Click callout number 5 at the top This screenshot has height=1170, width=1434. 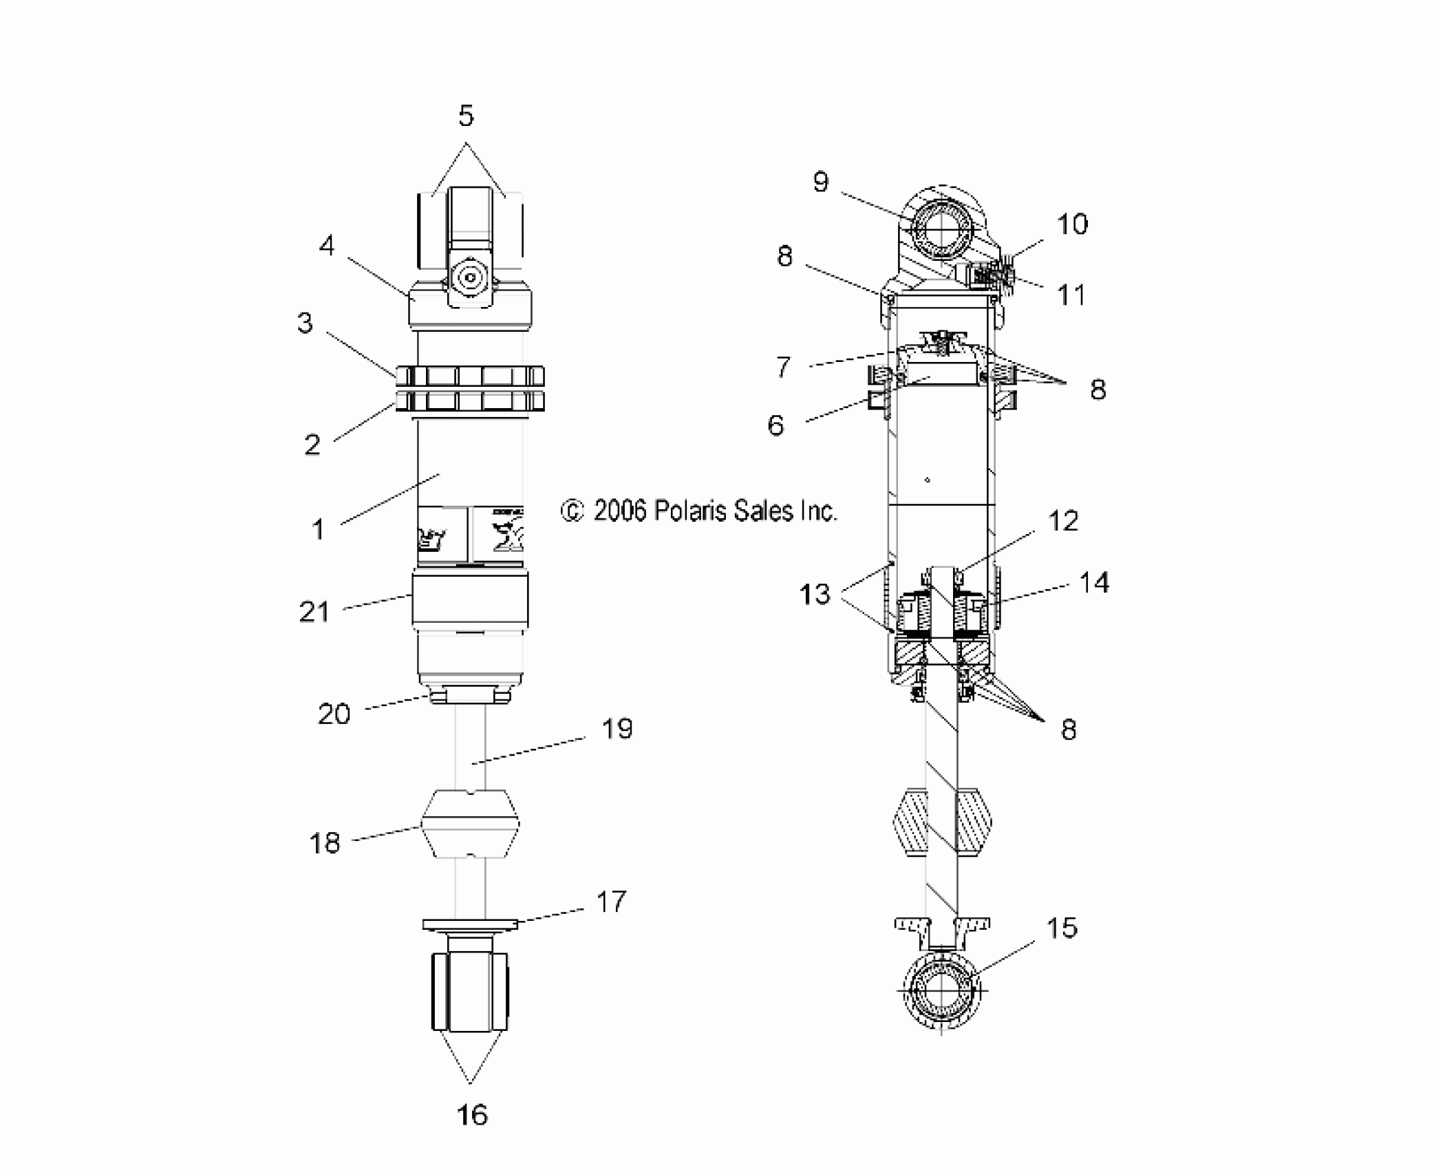pyautogui.click(x=466, y=116)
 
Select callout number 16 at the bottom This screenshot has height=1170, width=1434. pyautogui.click(x=472, y=1115)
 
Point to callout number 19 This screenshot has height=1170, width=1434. pyautogui.click(x=617, y=729)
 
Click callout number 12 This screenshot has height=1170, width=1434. pyautogui.click(x=1063, y=521)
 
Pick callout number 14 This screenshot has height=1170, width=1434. pyautogui.click(x=1094, y=583)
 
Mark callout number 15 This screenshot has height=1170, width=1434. pyautogui.click(x=1062, y=928)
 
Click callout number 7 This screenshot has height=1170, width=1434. pyautogui.click(x=783, y=367)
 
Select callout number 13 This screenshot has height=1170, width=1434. pyautogui.click(x=815, y=593)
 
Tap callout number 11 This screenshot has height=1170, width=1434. pyautogui.click(x=1071, y=295)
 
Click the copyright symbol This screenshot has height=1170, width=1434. pyautogui.click(x=572, y=511)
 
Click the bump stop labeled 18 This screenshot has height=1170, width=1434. pyautogui.click(x=470, y=824)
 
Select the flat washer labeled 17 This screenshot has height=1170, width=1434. pyautogui.click(x=470, y=924)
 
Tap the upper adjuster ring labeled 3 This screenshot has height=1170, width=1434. pyautogui.click(x=470, y=376)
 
